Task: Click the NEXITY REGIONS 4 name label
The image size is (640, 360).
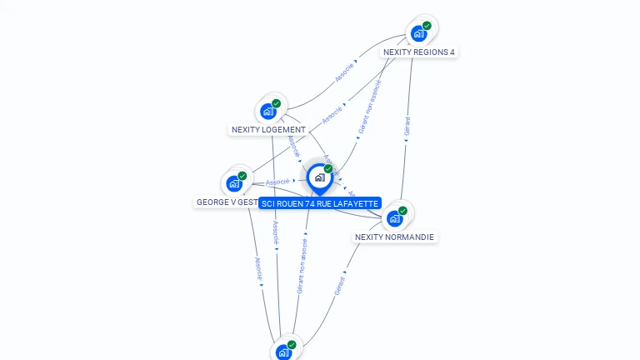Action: pyautogui.click(x=419, y=52)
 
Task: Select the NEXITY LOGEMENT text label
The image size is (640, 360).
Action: pyautogui.click(x=268, y=130)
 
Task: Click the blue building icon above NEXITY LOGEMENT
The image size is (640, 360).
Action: pyautogui.click(x=268, y=111)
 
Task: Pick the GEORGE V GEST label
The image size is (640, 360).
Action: pyautogui.click(x=226, y=202)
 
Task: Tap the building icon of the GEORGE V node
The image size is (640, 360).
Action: pyautogui.click(x=234, y=183)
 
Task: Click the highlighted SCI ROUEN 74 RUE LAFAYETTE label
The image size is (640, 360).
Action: pyautogui.click(x=320, y=203)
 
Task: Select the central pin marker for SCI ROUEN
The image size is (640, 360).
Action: pyautogui.click(x=319, y=177)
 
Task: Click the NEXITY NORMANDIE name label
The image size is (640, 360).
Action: pyautogui.click(x=394, y=237)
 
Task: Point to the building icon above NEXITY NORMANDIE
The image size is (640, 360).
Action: pyautogui.click(x=394, y=218)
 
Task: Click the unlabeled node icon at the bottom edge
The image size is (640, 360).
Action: pyautogui.click(x=283, y=352)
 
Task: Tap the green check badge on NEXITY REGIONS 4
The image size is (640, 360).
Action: pyautogui.click(x=427, y=26)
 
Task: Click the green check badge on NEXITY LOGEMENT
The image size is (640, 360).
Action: pyautogui.click(x=277, y=103)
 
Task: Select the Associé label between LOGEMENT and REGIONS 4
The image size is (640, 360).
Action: pyautogui.click(x=343, y=72)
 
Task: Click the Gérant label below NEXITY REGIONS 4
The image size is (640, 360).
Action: pyautogui.click(x=407, y=126)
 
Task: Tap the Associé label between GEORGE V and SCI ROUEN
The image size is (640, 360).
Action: pyautogui.click(x=277, y=181)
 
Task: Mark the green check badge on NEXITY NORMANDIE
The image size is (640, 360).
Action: pyautogui.click(x=402, y=211)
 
